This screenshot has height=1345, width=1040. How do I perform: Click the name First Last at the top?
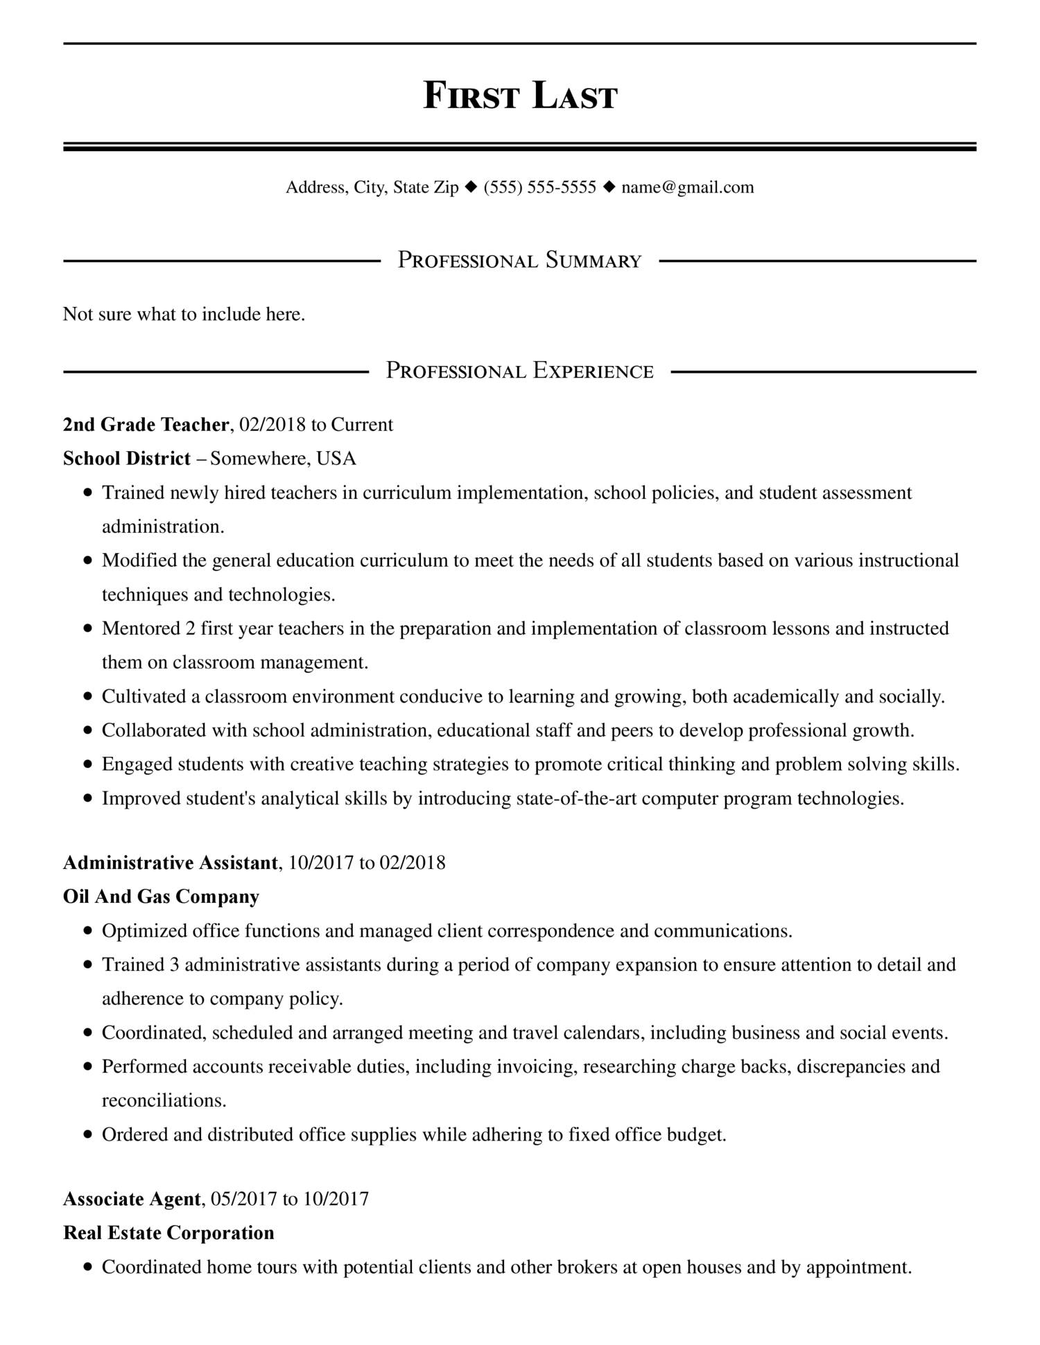coord(519,96)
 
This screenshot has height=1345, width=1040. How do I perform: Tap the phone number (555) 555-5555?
coord(539,187)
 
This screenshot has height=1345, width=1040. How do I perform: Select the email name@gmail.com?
coord(687,187)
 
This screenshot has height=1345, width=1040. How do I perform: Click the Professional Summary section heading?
coord(519,261)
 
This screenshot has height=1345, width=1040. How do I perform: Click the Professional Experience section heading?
coord(519,371)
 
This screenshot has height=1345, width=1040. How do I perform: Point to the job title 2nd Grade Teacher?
coord(146,424)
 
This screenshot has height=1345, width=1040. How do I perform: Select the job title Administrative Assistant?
coord(170,862)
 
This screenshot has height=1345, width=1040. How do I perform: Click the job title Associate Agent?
coord(132,1199)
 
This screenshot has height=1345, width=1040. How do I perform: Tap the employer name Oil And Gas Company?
coord(161,897)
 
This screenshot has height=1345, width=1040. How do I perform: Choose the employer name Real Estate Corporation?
coord(168,1233)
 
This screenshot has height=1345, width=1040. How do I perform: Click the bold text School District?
coord(126,458)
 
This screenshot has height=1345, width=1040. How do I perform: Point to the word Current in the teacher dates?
coord(362,424)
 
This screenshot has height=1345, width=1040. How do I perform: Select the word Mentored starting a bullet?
coord(141,628)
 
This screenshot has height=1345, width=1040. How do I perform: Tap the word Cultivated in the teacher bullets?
coord(144,696)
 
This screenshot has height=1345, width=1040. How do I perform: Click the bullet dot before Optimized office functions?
coord(87,931)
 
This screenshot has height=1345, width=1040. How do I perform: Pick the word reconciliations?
coord(164,1100)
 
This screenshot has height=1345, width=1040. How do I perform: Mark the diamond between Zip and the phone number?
coord(471,186)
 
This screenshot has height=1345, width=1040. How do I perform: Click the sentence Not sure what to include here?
coord(184,315)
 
